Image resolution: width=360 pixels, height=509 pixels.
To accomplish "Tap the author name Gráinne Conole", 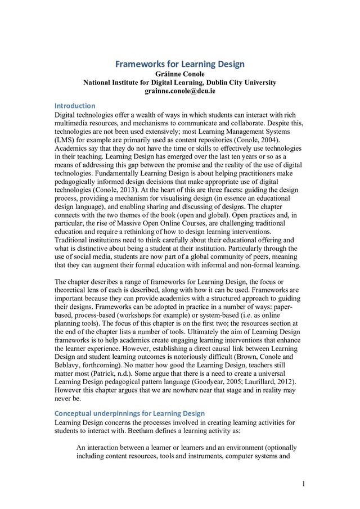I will [x=179, y=74].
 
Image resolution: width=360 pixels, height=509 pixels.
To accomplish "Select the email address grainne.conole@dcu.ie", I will [x=179, y=91].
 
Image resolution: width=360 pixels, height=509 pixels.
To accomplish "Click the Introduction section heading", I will [x=74, y=106].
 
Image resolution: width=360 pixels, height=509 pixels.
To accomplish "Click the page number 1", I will [x=303, y=484].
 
